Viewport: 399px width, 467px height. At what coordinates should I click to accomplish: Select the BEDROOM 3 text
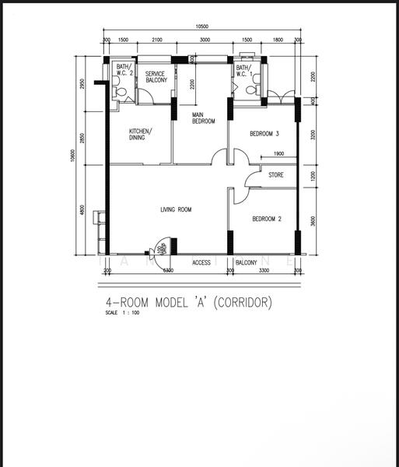point(264,134)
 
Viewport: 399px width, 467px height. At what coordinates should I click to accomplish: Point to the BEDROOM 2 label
point(267,219)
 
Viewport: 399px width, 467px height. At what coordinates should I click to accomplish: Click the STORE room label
point(276,175)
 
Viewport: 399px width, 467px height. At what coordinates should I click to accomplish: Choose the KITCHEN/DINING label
point(141,134)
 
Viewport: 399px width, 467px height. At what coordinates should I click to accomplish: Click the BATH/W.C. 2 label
point(124,72)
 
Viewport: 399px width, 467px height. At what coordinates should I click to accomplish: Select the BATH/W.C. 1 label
point(244,72)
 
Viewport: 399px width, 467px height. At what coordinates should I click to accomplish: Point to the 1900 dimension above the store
point(278,153)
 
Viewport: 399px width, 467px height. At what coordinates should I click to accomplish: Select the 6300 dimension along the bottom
point(167,270)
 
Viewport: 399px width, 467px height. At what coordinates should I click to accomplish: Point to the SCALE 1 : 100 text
point(122,313)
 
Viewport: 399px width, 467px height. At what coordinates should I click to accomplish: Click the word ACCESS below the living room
point(201,262)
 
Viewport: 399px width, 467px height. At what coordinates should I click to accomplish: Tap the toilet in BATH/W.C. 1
point(250,90)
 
